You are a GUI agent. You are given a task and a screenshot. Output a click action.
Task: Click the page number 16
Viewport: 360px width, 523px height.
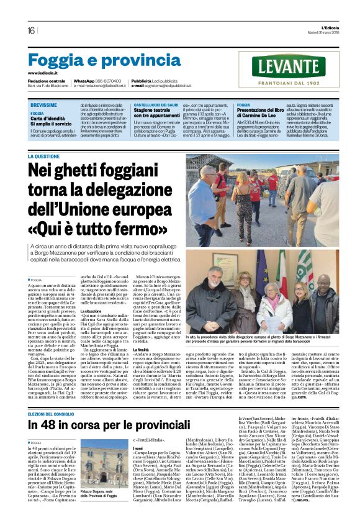[x=31, y=30]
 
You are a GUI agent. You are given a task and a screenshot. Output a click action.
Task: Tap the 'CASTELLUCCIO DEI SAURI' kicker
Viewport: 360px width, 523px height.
[x=158, y=106]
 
